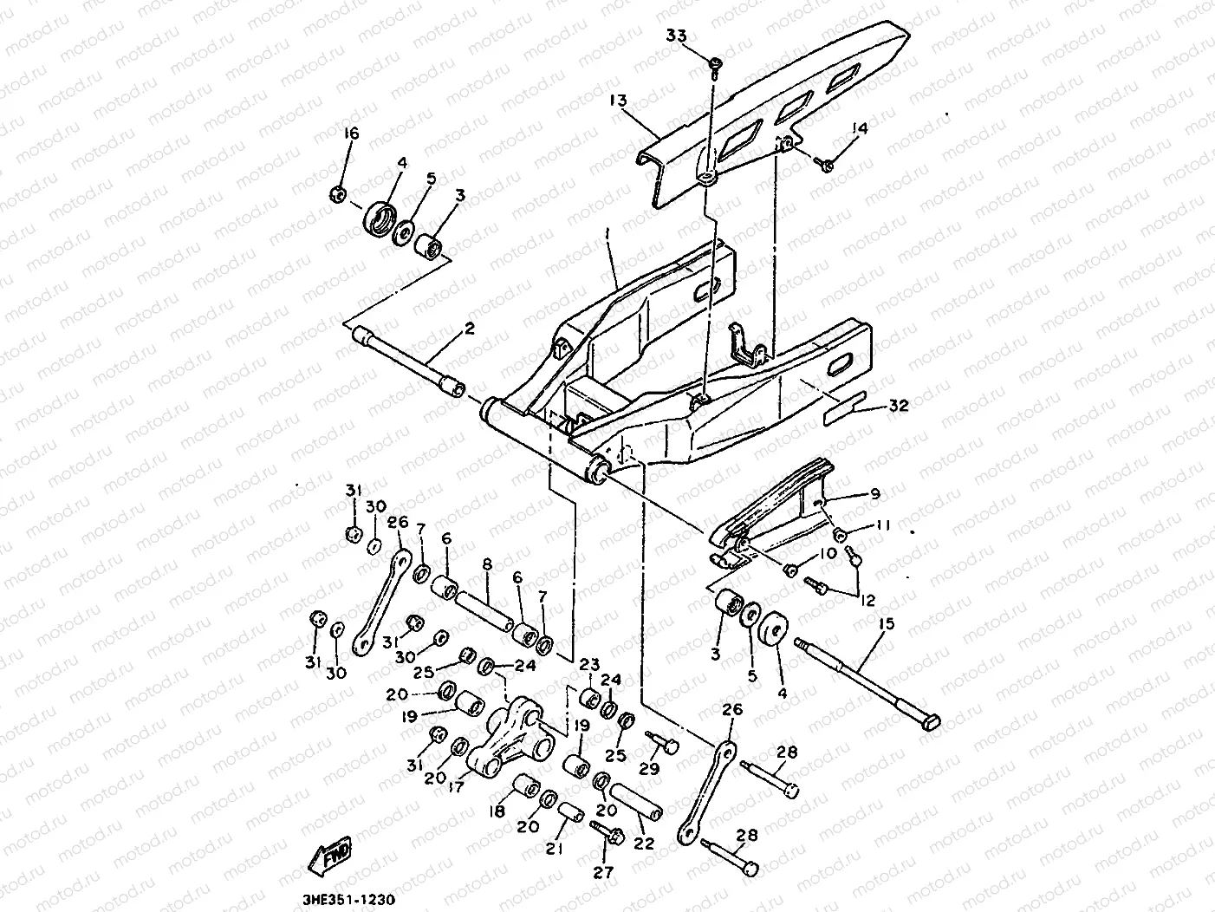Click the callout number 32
(899, 405)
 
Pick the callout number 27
(603, 872)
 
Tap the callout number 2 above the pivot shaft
(469, 329)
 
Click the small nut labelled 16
(340, 193)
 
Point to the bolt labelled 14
(827, 162)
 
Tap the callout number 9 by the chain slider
(874, 493)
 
